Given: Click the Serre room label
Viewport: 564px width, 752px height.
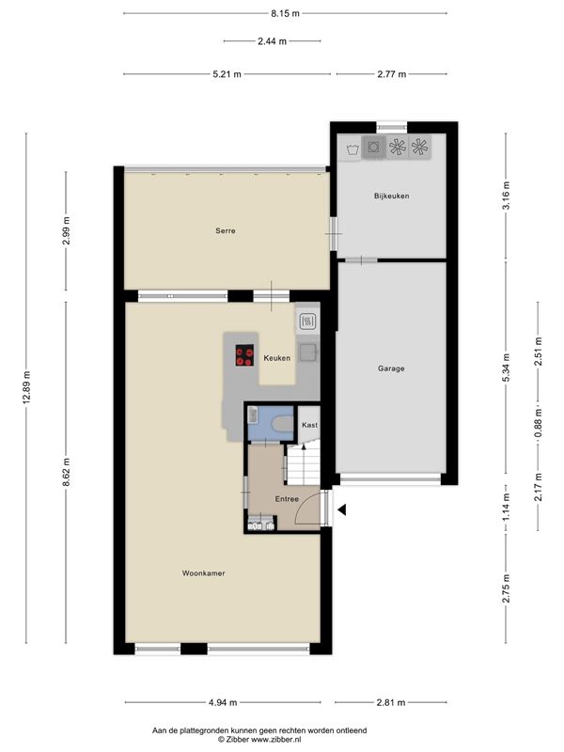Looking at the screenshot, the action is point(226,230).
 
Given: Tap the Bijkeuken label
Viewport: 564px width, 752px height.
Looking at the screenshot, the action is point(391,196).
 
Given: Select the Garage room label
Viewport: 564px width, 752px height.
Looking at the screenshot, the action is point(391,368).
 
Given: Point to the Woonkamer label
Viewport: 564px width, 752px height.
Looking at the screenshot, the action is point(203,573).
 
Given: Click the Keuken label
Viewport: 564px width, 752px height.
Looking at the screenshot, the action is point(276,358).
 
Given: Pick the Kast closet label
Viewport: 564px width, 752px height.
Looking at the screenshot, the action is point(309,425).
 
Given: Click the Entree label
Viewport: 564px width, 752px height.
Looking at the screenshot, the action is point(287,499).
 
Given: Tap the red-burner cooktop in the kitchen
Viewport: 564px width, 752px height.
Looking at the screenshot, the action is point(244,356).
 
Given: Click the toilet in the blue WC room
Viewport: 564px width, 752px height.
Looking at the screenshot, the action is point(282,424).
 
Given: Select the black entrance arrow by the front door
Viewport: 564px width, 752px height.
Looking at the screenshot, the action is point(341,510).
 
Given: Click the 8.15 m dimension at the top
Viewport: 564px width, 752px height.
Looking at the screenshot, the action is point(285,13).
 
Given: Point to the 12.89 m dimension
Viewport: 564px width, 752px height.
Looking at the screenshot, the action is point(26,388).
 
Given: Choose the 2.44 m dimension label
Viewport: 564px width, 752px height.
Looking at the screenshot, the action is point(272,41).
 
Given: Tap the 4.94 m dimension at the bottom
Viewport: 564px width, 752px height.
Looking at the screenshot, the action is point(223,702).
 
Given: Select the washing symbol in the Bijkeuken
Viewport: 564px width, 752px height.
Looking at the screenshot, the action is point(353,149).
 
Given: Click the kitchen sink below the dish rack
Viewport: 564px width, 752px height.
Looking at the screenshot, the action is point(307,352).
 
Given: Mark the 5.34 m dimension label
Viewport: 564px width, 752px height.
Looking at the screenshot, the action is point(506,368).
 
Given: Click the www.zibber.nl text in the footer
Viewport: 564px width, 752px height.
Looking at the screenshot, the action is point(276,740).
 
